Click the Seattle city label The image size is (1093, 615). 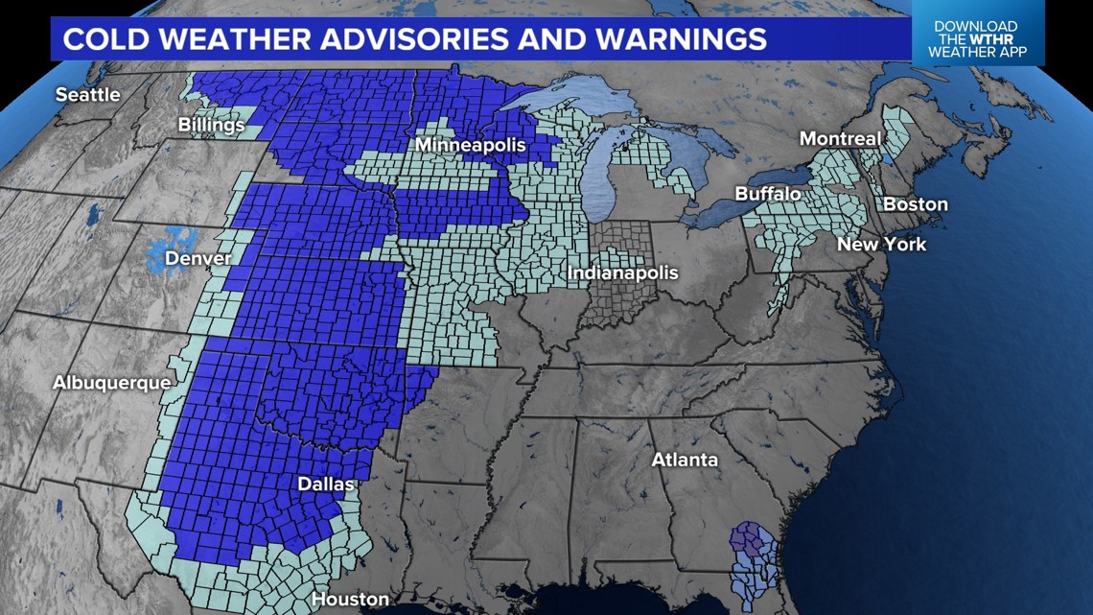[87, 95]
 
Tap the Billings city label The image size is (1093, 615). [211, 125]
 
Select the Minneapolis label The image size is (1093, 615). [471, 145]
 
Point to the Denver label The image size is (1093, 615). [198, 258]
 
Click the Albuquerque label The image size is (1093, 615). [111, 383]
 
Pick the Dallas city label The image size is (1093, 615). [325, 485]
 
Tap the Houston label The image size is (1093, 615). [350, 600]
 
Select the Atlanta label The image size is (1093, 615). [685, 460]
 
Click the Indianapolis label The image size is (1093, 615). [622, 272]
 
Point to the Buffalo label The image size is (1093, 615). [767, 194]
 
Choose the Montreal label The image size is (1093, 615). [840, 139]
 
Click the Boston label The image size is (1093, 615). [915, 204]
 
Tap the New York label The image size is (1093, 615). [881, 244]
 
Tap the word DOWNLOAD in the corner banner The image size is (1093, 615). [975, 26]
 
